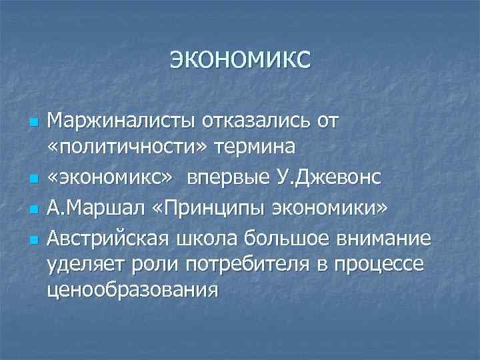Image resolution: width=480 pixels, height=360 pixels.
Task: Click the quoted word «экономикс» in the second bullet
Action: [112, 179]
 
